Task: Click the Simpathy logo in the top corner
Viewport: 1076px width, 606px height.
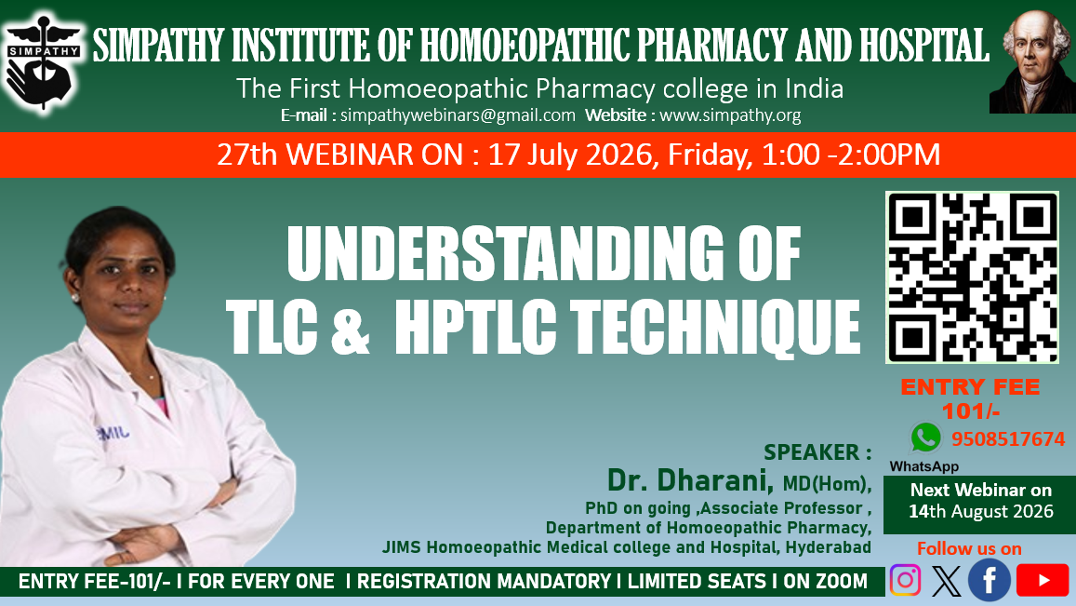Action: tap(43, 63)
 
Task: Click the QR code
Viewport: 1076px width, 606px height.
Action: tap(972, 276)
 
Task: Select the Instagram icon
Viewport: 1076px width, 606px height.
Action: tap(905, 580)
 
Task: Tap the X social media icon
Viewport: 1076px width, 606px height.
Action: tap(947, 581)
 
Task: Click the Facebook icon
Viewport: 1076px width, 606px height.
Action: tap(989, 580)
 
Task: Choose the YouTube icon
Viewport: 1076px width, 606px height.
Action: tap(1043, 580)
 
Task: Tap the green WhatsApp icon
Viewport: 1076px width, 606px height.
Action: tap(925, 438)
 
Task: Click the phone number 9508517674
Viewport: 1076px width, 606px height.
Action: tap(1008, 439)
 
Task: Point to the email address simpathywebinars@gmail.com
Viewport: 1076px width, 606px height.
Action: tap(458, 115)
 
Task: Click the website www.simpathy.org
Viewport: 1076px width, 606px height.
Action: tap(730, 115)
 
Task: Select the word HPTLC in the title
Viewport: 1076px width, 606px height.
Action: tap(475, 327)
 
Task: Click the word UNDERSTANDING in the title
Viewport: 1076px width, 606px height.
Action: tap(505, 253)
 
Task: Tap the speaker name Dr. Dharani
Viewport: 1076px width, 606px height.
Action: tap(690, 480)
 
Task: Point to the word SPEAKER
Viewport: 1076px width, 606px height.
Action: tap(811, 452)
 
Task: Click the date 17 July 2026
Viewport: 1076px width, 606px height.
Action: tap(569, 155)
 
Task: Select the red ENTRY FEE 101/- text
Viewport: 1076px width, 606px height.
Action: tap(970, 398)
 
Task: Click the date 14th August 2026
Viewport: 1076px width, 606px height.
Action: tap(980, 511)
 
